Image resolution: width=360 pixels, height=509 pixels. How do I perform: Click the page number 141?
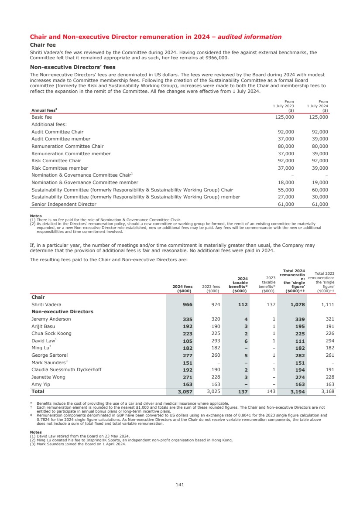(x=180, y=484)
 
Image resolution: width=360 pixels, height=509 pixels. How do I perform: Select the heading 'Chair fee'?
(x=42, y=44)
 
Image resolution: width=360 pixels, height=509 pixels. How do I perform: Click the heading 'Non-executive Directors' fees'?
(x=72, y=67)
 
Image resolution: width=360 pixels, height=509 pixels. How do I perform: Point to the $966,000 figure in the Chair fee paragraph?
(x=216, y=58)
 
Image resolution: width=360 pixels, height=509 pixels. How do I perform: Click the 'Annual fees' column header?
(x=42, y=110)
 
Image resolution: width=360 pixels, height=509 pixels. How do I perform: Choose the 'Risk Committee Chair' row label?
(x=56, y=161)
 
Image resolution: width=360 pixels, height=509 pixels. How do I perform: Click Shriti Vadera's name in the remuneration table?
(x=46, y=304)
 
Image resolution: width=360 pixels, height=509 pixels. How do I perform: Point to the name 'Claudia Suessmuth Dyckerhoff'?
(x=66, y=369)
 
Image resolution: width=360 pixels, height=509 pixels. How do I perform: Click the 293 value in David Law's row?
(x=215, y=341)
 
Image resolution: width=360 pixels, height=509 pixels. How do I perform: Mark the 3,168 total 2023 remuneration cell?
(x=326, y=392)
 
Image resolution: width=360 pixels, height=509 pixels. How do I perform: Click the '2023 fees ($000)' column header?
(x=211, y=288)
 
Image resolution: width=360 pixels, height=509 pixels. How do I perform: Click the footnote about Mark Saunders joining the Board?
(x=78, y=444)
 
